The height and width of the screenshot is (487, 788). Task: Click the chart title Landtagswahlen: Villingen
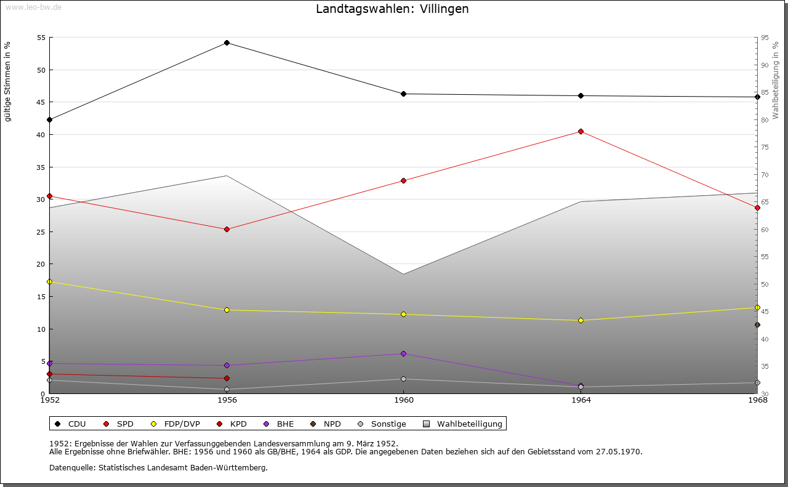pos(392,9)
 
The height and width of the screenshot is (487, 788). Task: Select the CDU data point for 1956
pos(227,42)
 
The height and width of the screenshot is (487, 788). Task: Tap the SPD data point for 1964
pos(581,131)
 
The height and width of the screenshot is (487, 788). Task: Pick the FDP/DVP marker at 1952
pos(50,281)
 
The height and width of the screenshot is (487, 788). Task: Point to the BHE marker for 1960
pos(403,353)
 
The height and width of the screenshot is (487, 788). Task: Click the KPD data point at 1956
pos(227,378)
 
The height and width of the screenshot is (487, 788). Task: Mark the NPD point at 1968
pos(757,324)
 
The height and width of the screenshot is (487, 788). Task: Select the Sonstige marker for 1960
pos(403,379)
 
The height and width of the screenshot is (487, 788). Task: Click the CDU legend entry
pos(70,424)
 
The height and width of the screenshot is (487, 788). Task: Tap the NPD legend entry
pos(326,424)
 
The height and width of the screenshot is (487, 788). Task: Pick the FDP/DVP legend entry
pos(175,424)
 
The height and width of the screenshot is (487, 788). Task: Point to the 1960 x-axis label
pos(403,400)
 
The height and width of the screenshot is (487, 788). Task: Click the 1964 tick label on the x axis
pos(581,400)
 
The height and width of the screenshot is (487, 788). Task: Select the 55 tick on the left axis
pos(41,38)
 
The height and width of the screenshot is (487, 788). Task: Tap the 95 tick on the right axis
pos(765,38)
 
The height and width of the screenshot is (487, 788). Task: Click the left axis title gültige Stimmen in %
pos(7,81)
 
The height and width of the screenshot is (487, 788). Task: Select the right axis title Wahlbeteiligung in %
pos(776,80)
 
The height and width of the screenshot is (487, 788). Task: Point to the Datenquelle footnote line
pos(158,467)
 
